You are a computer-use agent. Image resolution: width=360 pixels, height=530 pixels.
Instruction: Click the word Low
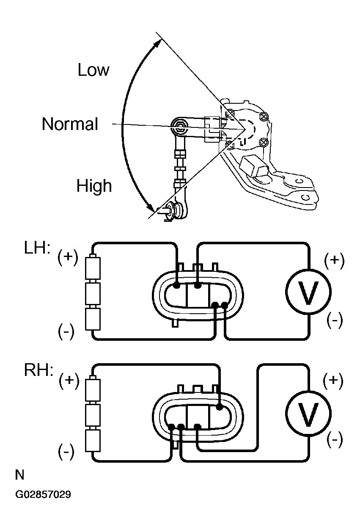click(93, 70)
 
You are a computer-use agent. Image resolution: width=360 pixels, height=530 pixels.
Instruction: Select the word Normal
click(70, 124)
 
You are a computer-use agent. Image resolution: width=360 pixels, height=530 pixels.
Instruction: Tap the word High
click(94, 185)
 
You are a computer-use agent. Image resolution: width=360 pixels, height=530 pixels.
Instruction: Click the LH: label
click(37, 248)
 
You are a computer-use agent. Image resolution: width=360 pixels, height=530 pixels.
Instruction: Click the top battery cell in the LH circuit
click(93, 268)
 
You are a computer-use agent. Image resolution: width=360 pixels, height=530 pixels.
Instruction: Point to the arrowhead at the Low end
click(157, 44)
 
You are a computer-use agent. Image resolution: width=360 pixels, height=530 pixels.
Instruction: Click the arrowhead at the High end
click(152, 207)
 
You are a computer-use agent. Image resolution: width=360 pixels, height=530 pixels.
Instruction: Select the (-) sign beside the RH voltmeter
click(335, 439)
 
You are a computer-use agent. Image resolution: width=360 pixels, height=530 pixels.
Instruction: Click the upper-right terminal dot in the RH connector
click(220, 407)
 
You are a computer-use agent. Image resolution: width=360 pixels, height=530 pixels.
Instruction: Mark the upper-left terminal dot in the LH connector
click(176, 286)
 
